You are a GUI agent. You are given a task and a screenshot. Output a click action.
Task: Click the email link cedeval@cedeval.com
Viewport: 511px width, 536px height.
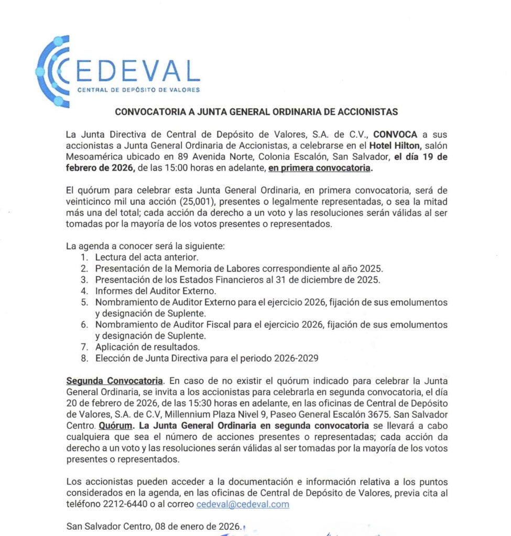pos(243,504)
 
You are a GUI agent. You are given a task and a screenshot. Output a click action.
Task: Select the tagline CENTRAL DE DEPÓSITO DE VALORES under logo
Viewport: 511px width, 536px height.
pos(138,90)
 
